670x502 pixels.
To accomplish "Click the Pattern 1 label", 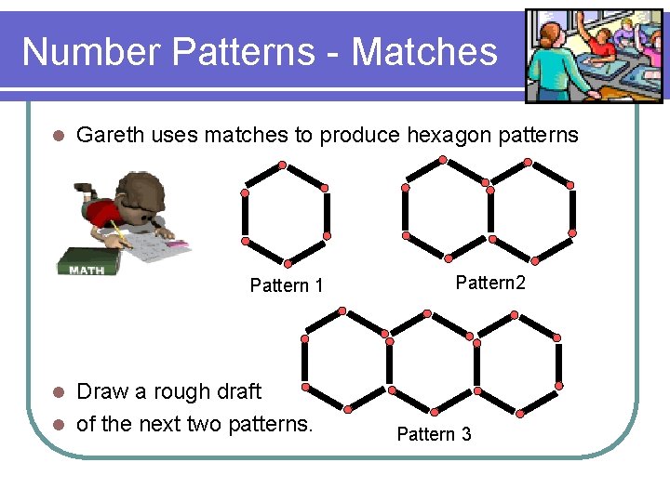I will [287, 285].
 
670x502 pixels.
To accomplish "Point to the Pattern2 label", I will [490, 283].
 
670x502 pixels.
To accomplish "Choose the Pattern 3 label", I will [434, 434].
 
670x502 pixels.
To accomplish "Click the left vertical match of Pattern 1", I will [245, 214].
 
